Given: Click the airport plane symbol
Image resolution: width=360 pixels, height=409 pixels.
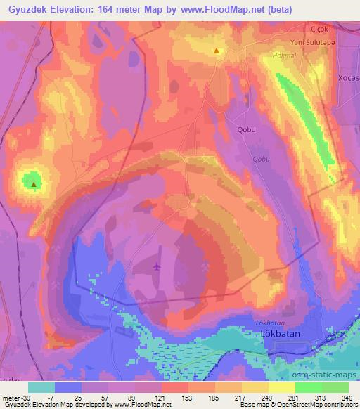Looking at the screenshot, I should click(156, 266).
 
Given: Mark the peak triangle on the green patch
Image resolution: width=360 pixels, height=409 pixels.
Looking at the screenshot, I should click(33, 185).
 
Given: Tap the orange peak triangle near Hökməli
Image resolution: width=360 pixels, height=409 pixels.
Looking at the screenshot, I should click(217, 51).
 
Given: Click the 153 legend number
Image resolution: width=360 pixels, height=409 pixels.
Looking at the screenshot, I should click(185, 398).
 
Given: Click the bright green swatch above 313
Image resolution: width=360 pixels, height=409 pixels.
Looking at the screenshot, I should click(310, 387).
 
